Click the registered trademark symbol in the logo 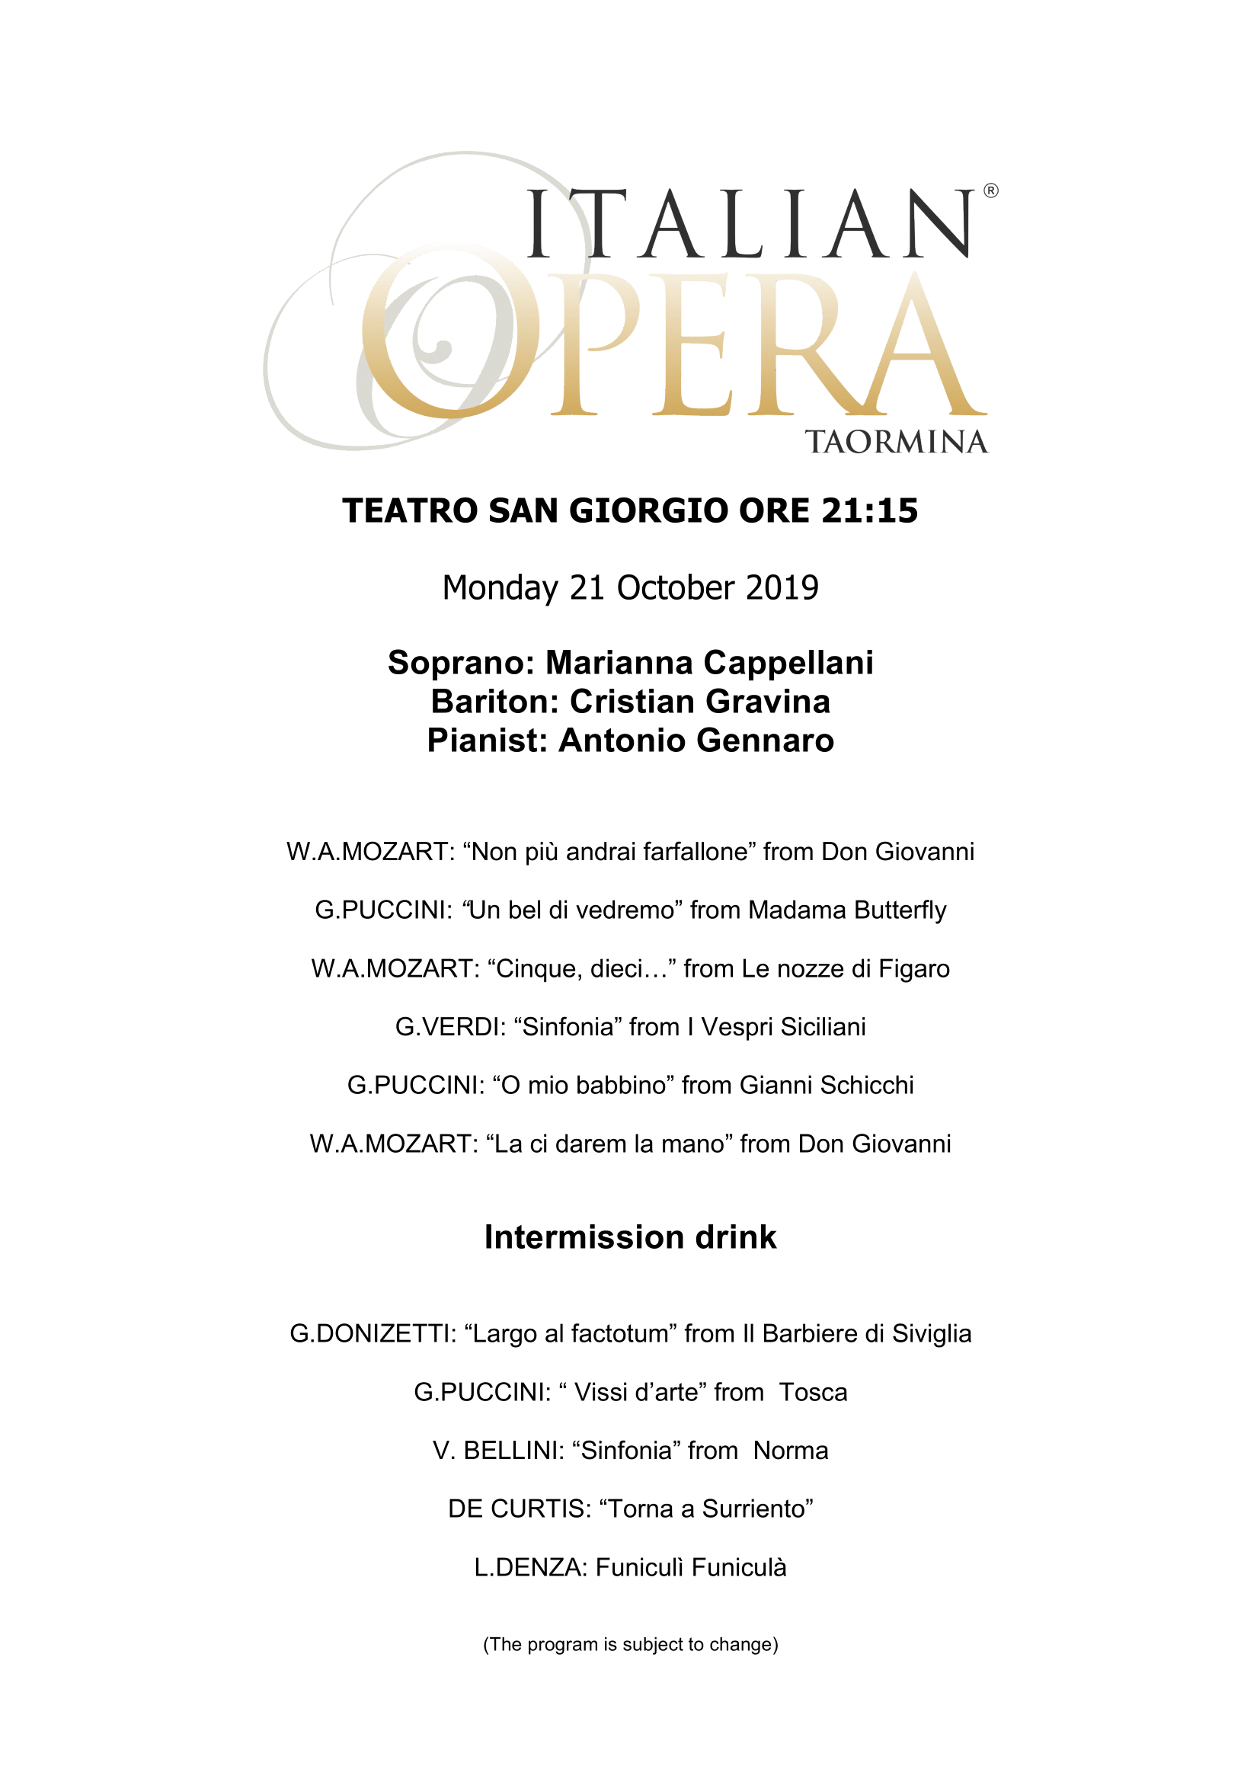[991, 191]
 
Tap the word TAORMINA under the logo [896, 442]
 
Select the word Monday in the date [500, 587]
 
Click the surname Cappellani [788, 663]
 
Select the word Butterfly [900, 910]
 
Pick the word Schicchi [867, 1085]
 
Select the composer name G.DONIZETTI [373, 1333]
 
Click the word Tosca [813, 1393]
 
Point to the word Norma [791, 1451]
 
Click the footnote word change [748, 1644]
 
